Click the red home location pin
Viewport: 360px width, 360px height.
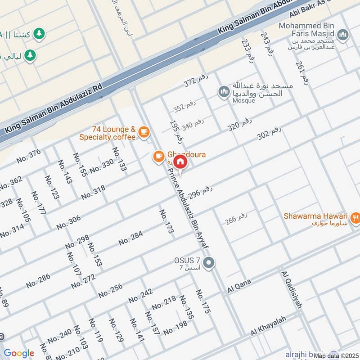click(x=180, y=162)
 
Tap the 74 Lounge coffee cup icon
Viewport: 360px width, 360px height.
click(x=144, y=131)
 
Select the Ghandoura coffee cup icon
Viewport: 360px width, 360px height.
click(x=158, y=156)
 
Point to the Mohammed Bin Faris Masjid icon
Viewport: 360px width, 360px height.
click(x=343, y=35)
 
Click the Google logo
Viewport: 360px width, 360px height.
click(x=18, y=353)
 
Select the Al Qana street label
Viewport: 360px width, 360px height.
click(x=238, y=286)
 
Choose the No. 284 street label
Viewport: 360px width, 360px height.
click(x=130, y=238)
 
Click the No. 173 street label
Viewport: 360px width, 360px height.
click(x=166, y=221)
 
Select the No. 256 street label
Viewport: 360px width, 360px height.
click(x=110, y=290)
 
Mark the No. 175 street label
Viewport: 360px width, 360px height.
click(x=203, y=301)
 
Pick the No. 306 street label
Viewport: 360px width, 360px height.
click(x=68, y=222)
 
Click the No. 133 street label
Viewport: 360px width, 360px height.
click(x=119, y=159)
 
